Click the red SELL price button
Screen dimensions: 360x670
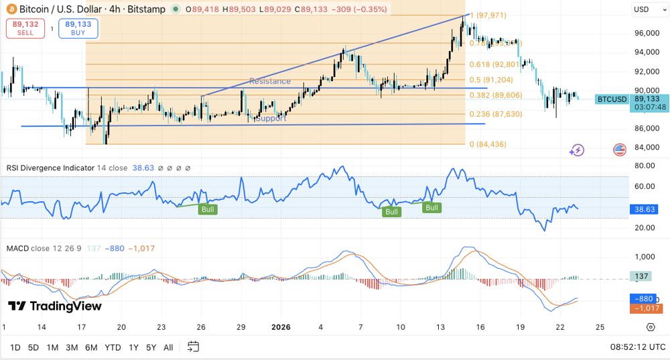(x=26, y=28)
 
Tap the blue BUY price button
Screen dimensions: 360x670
(x=78, y=28)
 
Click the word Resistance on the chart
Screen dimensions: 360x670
(x=270, y=81)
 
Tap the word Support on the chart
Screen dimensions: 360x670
(x=271, y=118)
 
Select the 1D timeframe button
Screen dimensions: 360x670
(x=15, y=347)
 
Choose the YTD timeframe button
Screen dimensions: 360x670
(x=113, y=347)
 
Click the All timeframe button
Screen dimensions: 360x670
(x=168, y=347)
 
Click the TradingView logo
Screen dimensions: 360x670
(x=55, y=306)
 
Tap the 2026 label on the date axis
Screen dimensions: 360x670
(x=281, y=327)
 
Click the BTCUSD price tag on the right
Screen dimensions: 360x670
(x=612, y=99)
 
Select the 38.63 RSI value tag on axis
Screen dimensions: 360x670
(x=646, y=209)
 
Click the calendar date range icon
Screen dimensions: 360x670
(x=193, y=347)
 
